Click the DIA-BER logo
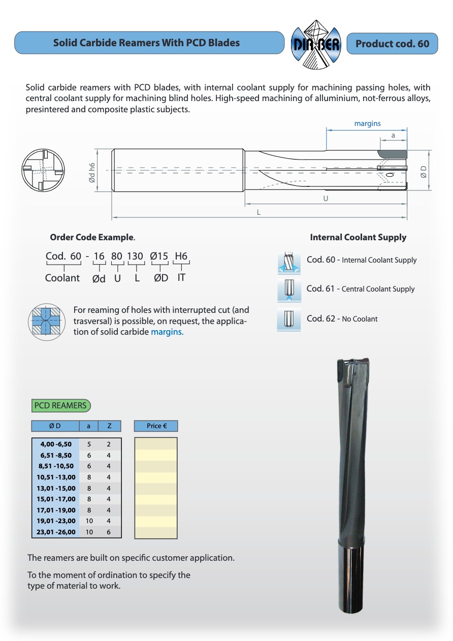point(314,44)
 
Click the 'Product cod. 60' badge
point(392,44)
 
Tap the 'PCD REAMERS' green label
point(60,405)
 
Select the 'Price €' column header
point(156,426)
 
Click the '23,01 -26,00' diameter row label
point(56,532)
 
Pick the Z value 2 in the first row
point(109,444)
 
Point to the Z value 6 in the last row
point(109,532)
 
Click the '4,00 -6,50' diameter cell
point(56,444)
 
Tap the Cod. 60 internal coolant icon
point(289,261)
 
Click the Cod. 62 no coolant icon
point(289,319)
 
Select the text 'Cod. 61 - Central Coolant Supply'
point(361,289)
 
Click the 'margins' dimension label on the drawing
point(367,123)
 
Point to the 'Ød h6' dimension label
point(92,173)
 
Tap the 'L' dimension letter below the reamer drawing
point(258,212)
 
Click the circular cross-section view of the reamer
point(43,170)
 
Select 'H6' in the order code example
point(181,256)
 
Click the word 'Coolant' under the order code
point(62,278)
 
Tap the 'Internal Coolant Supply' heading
point(358,237)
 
